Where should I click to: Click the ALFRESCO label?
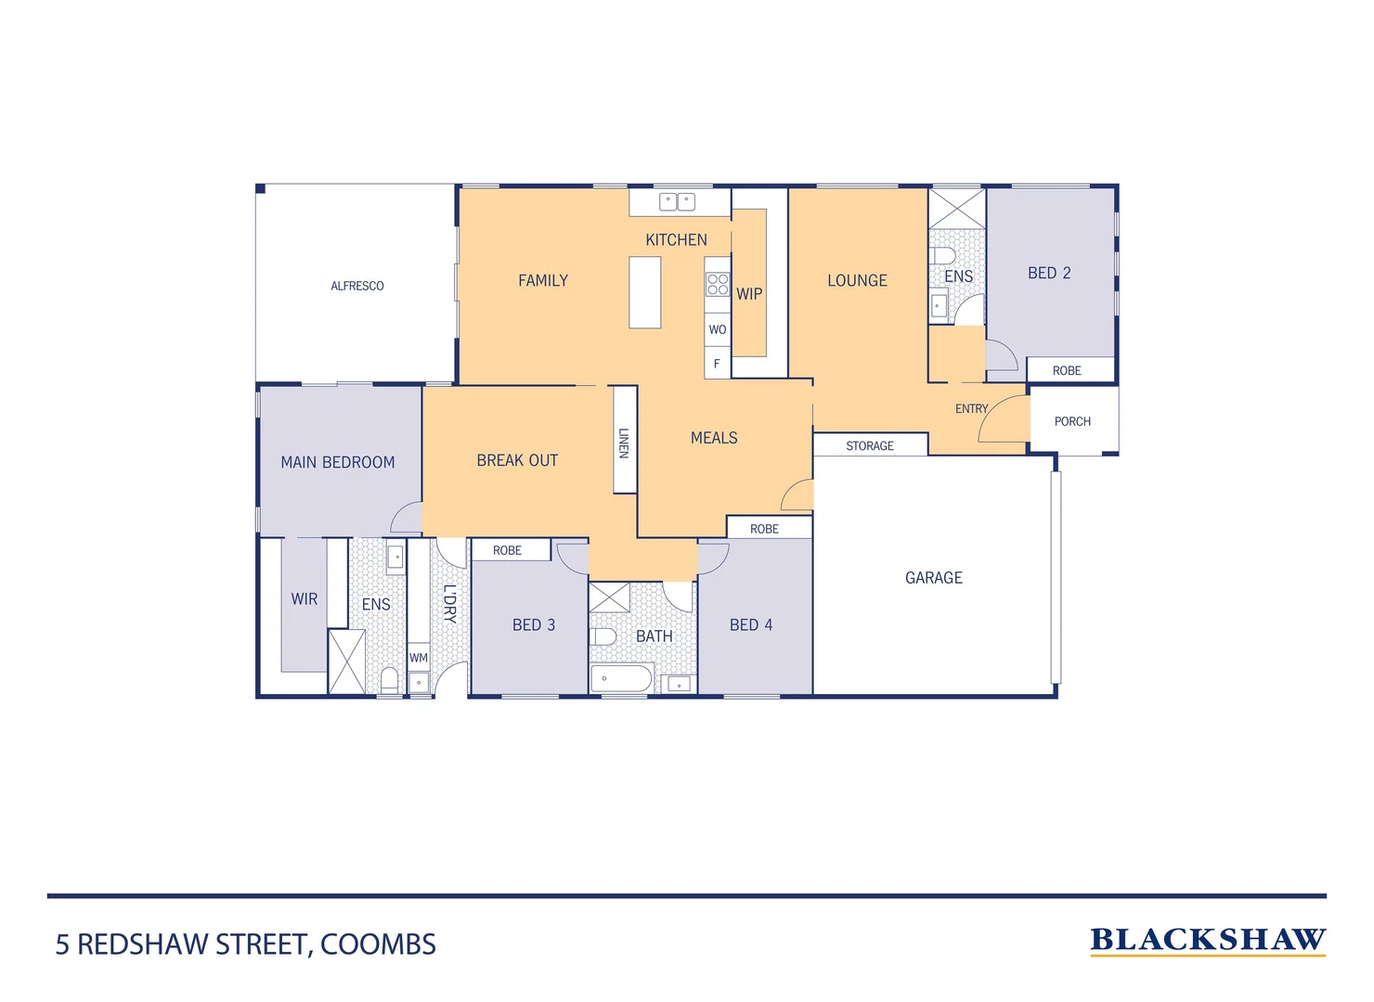coord(356,286)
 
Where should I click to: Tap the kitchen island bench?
coord(644,292)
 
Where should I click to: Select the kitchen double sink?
coord(677,201)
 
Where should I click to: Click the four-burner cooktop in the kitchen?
coord(718,284)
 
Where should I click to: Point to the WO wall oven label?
coord(718,329)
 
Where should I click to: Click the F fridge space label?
coord(717,364)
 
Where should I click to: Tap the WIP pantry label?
coord(749,294)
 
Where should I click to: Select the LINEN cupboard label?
coord(624,443)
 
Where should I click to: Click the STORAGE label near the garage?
coord(870,446)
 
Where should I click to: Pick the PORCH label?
coord(1072,421)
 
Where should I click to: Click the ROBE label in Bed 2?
coord(1067,370)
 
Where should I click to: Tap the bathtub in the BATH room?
coord(621,678)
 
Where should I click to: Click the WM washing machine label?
coord(419,658)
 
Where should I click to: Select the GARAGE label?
coord(933,578)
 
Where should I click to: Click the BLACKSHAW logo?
coord(1208,941)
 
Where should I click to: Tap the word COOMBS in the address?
coord(378,944)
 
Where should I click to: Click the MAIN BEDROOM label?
coord(338,462)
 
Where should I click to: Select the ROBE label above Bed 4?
coord(764,529)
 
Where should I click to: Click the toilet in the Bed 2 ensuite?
coord(942,256)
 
